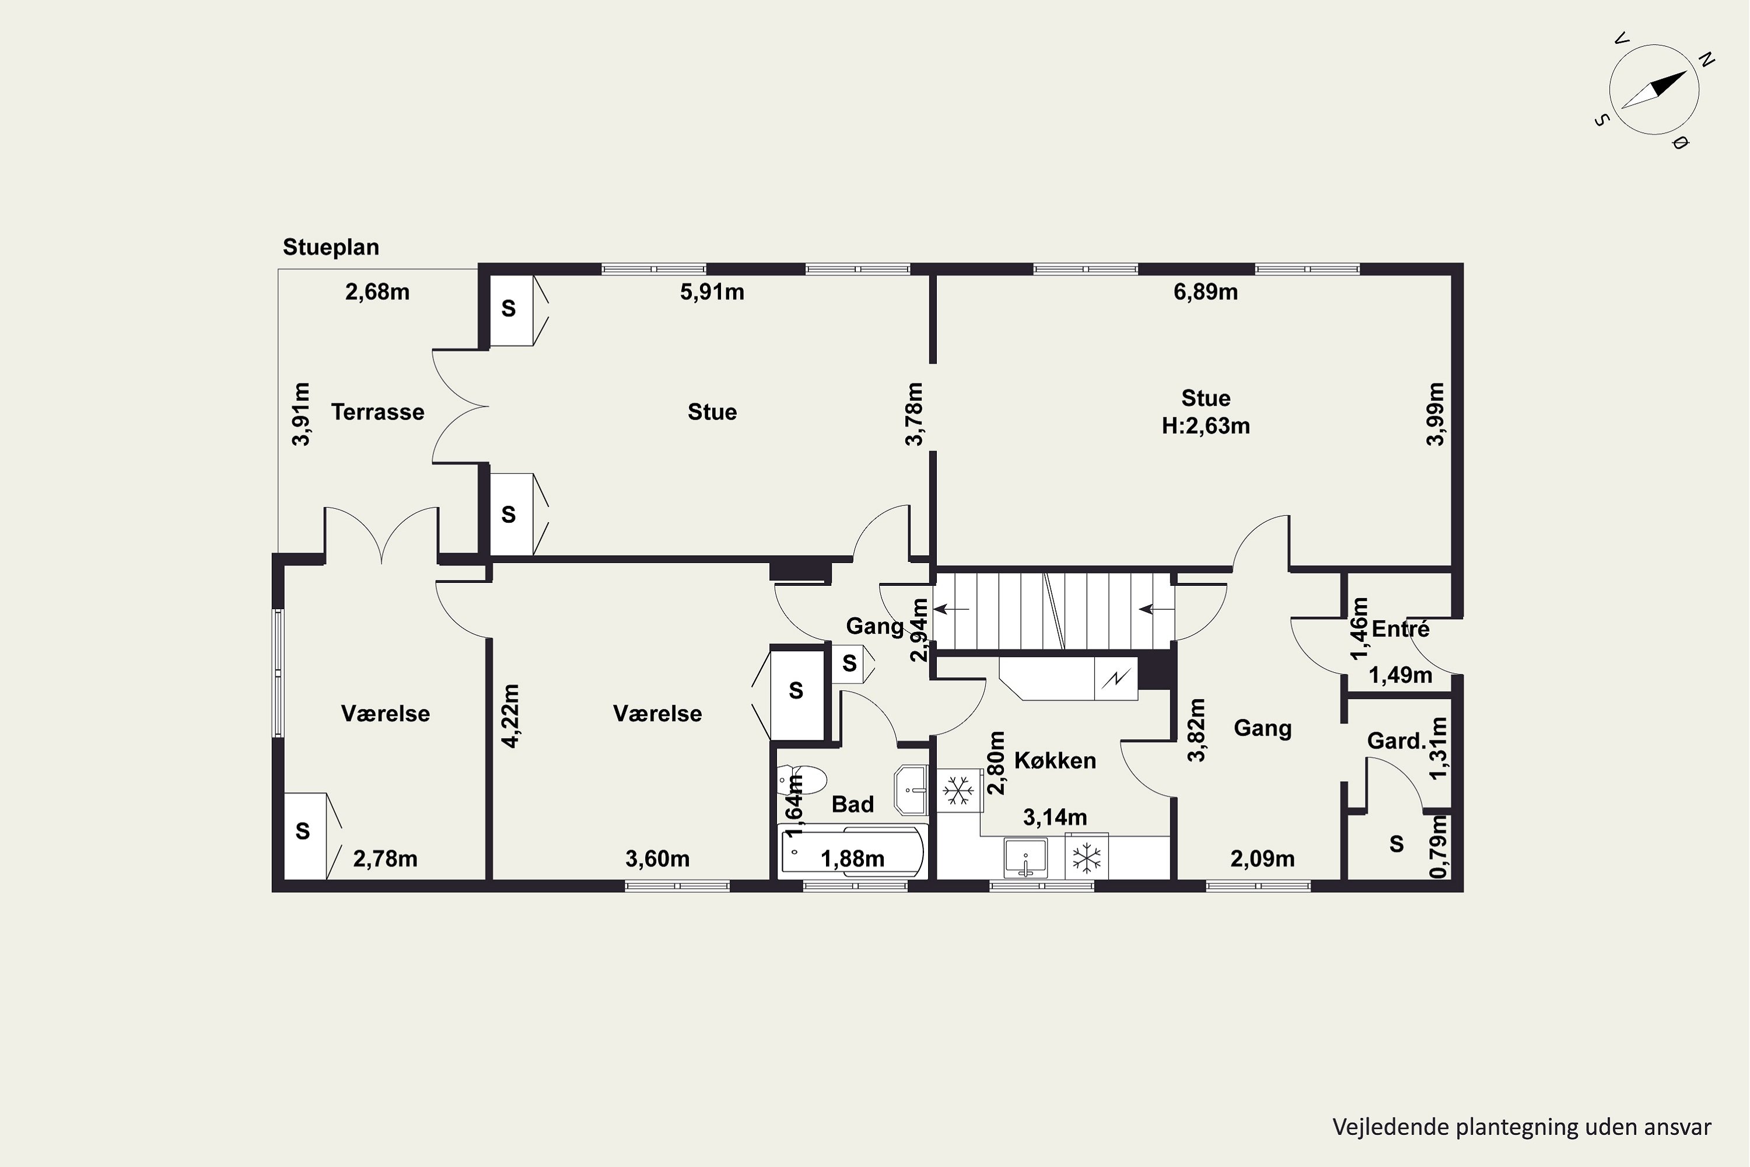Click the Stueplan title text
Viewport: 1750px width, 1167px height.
tap(330, 247)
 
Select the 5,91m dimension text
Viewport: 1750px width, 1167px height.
tap(712, 292)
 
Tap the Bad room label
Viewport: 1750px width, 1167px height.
tap(853, 804)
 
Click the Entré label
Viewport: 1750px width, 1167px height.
tap(1401, 629)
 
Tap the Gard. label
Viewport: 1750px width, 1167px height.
tap(1396, 740)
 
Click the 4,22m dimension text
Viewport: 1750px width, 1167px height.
tap(510, 715)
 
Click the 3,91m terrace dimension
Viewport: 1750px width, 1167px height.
tap(302, 414)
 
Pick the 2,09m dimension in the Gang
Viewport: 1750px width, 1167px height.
tap(1263, 859)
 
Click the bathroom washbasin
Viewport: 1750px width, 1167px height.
tap(911, 789)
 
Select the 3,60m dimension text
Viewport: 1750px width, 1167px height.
tap(658, 859)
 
